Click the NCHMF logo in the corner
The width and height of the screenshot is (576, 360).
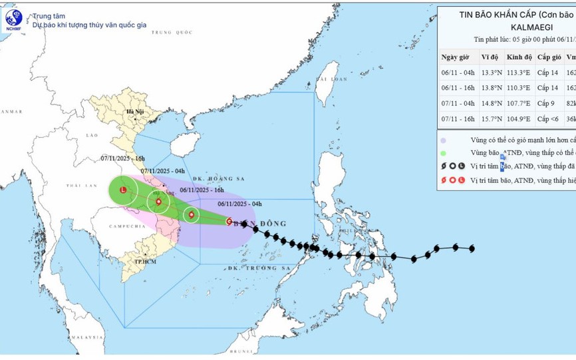click(x=13, y=19)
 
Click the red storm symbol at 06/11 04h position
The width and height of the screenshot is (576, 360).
click(x=229, y=222)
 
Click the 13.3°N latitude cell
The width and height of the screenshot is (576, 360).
click(x=490, y=73)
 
